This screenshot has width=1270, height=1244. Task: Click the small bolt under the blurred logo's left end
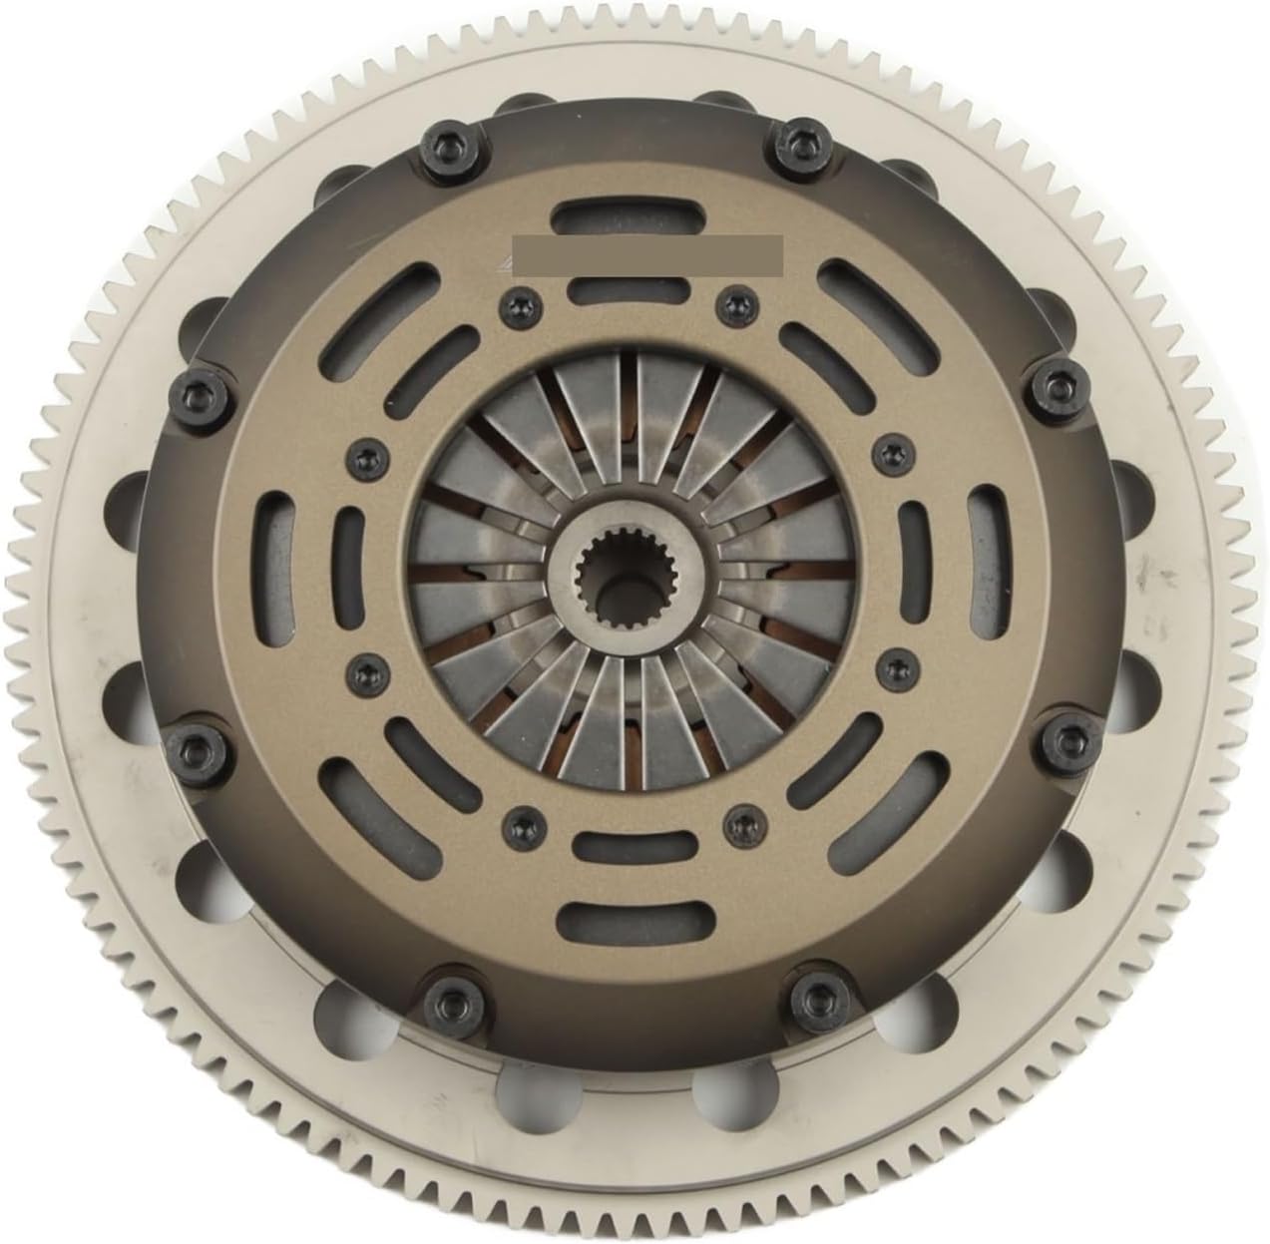[516, 302]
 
